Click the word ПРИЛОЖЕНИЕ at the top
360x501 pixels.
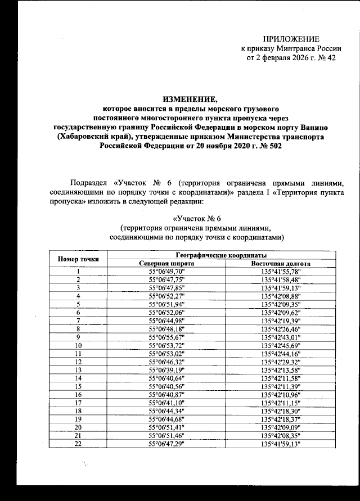[x=291, y=38]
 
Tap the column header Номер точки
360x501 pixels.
[x=79, y=259]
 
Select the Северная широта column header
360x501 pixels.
[x=167, y=263]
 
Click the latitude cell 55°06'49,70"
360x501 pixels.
[x=167, y=271]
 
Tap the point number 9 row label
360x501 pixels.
[x=79, y=336]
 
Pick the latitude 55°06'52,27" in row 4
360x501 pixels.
[x=167, y=295]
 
